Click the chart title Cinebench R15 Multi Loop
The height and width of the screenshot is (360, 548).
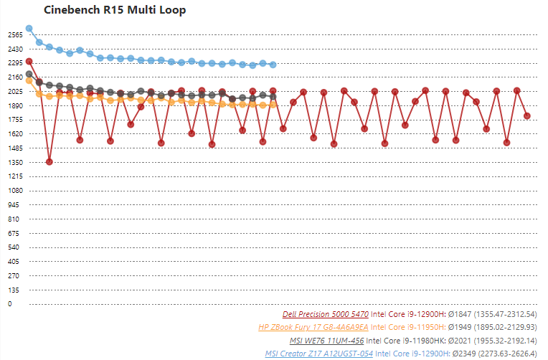click(x=115, y=11)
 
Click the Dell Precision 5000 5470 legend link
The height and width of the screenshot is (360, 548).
click(x=326, y=314)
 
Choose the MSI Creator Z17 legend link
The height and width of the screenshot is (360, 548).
click(x=318, y=354)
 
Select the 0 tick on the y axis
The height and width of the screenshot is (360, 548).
click(x=9, y=304)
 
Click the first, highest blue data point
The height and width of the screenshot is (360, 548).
click(x=29, y=29)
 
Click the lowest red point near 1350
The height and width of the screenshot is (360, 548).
click(x=49, y=162)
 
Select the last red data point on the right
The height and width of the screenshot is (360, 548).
click(x=527, y=115)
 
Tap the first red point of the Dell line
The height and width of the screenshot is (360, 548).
click(x=29, y=62)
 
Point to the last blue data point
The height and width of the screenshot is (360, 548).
click(x=273, y=65)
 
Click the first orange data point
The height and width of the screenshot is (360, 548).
click(x=29, y=80)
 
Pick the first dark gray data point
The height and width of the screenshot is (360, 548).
click(x=29, y=74)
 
